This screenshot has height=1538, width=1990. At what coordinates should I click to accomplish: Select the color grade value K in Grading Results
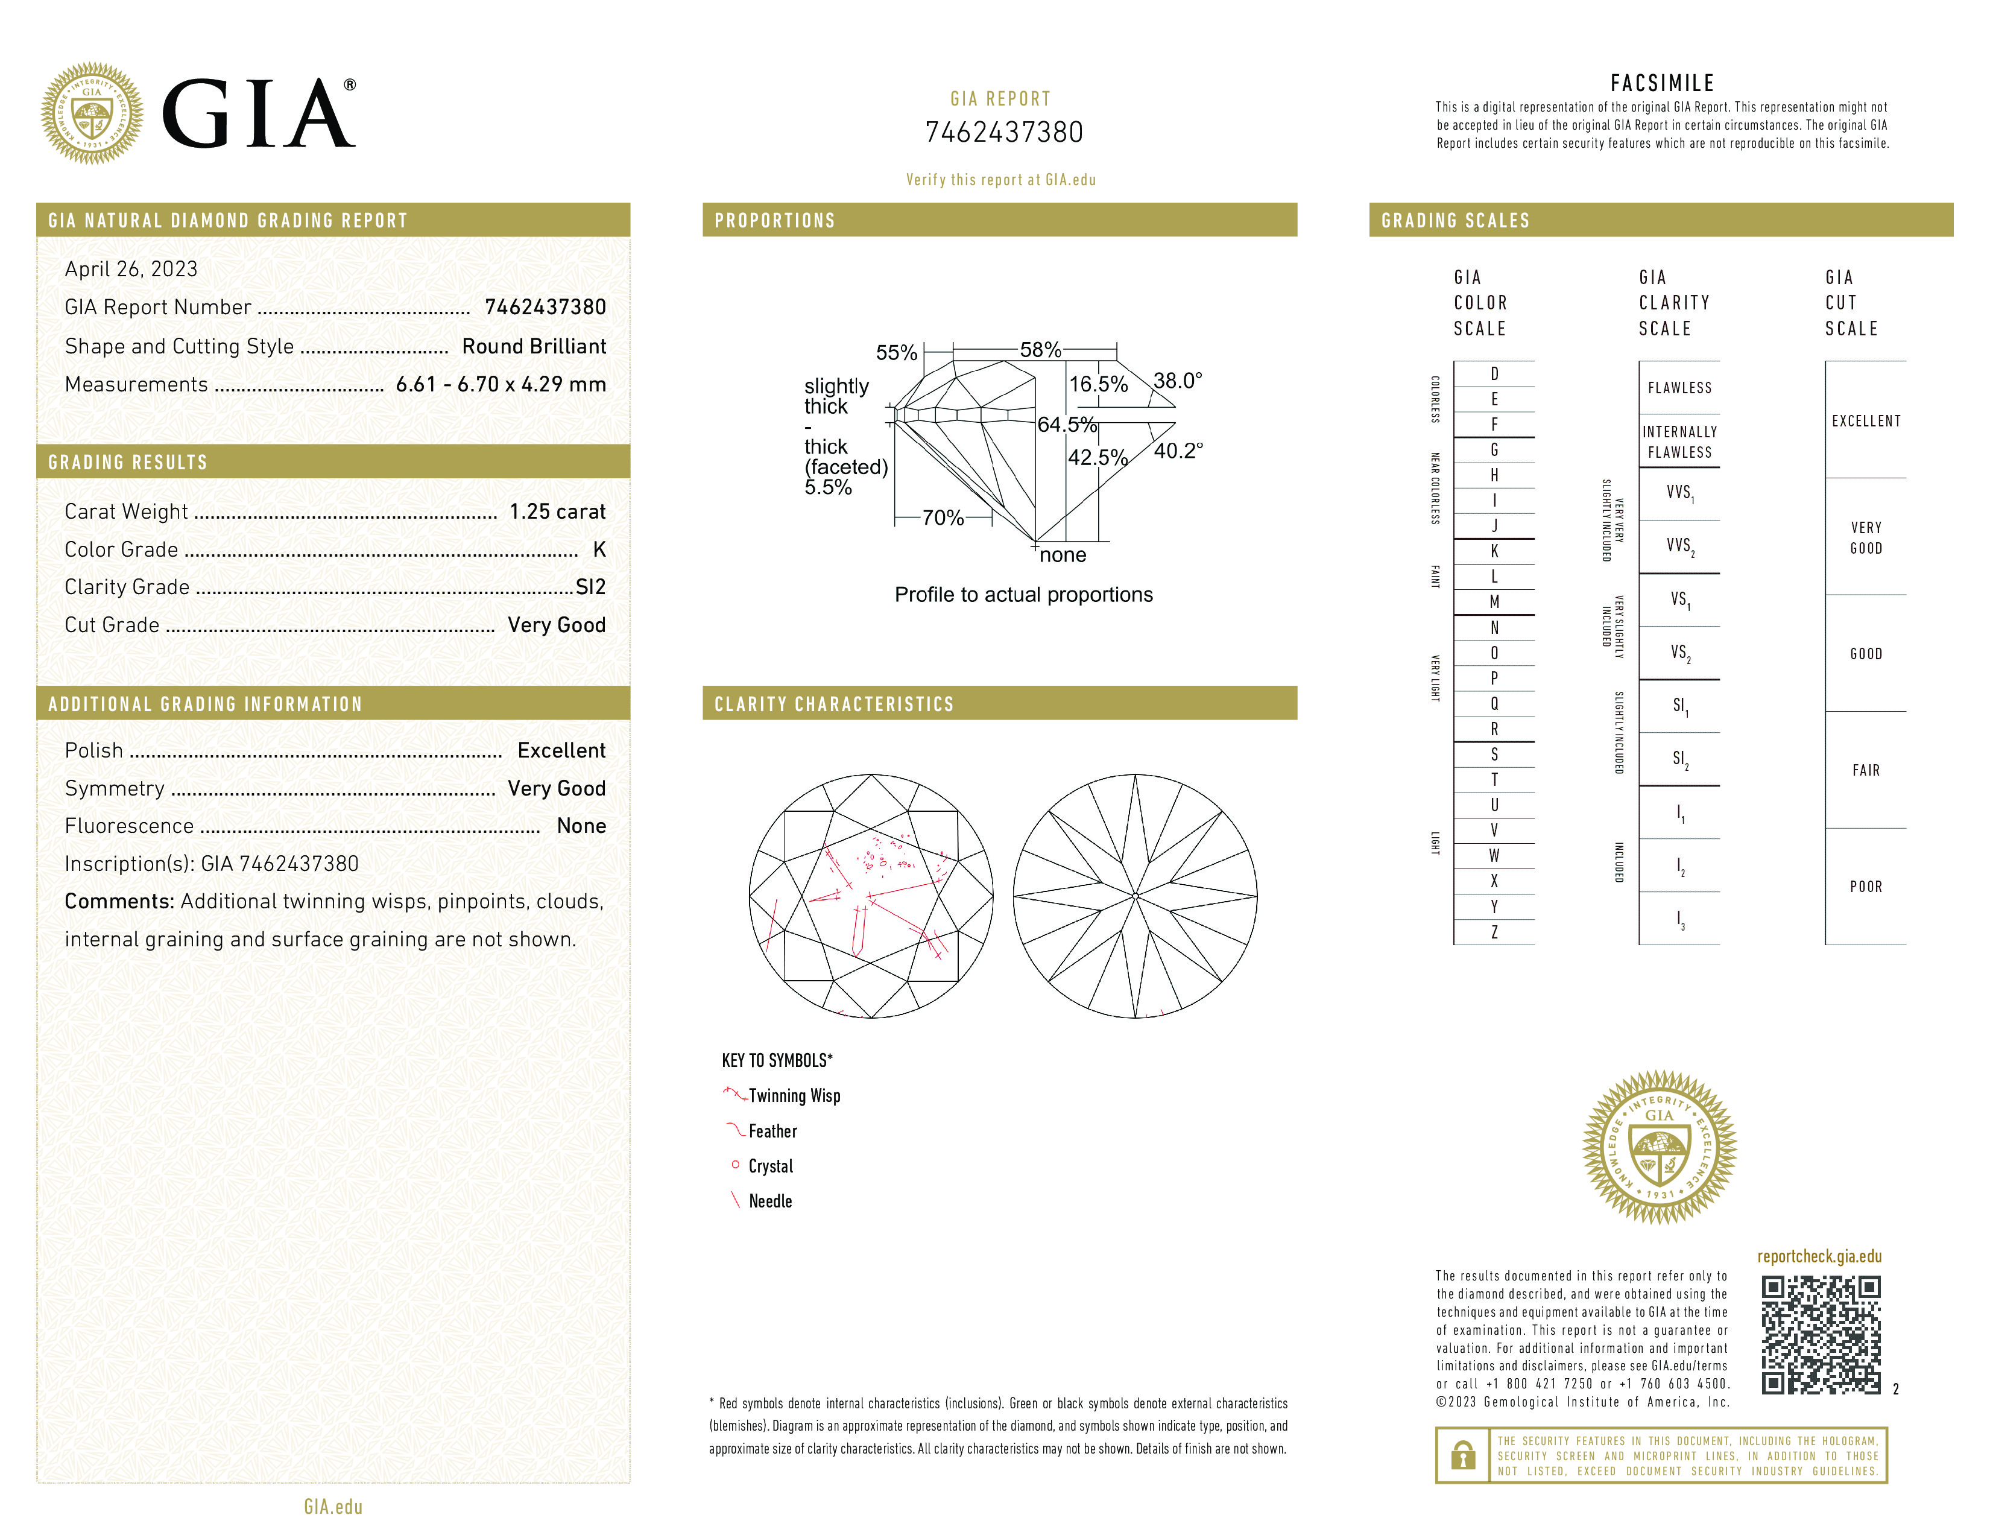pos(599,549)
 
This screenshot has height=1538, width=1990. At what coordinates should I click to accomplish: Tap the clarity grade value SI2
pos(590,587)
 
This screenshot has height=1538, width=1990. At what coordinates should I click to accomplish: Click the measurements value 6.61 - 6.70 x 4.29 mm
pos(501,385)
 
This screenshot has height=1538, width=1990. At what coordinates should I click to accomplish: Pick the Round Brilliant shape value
pos(533,346)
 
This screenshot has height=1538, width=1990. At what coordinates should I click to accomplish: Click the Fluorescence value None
pos(580,826)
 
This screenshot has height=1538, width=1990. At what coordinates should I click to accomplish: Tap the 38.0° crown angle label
pos(1177,381)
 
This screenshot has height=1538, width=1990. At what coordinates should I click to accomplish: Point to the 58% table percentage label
pos(1040,350)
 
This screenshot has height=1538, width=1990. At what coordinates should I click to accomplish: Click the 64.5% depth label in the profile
pos(1066,425)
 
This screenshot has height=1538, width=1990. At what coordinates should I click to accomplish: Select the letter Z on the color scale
pos(1494,932)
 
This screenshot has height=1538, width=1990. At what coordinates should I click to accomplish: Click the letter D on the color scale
pos(1494,373)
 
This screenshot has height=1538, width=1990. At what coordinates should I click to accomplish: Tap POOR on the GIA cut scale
pos(1865,887)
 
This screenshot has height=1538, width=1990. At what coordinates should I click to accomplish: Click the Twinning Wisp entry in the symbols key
pos(794,1096)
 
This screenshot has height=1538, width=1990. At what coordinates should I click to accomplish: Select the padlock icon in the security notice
pos(1462,1455)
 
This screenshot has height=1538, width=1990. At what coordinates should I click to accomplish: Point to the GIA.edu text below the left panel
pos(333,1507)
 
